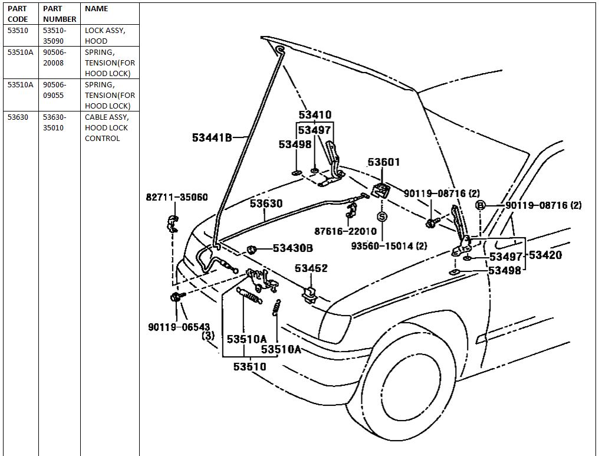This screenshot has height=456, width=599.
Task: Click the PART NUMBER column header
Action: (59, 14)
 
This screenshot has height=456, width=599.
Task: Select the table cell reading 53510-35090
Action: (54, 35)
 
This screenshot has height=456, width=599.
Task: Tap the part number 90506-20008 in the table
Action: (54, 57)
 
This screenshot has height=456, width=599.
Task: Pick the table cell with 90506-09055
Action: (54, 90)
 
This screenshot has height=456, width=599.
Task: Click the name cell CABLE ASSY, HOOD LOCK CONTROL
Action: (107, 127)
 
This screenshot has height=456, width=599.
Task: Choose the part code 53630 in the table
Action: (18, 117)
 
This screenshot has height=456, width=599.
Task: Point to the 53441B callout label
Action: (212, 137)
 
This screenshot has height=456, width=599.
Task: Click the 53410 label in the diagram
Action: (315, 114)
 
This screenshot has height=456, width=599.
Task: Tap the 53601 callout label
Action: (384, 162)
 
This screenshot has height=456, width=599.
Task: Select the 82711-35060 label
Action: (177, 197)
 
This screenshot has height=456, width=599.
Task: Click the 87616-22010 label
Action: (345, 231)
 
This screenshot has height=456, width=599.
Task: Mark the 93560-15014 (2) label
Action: (389, 246)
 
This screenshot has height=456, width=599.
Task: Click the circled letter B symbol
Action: (480, 205)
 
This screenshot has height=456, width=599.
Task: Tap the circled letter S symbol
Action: (382, 216)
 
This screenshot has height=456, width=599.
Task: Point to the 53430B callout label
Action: (292, 248)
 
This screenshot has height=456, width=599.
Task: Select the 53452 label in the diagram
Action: (311, 268)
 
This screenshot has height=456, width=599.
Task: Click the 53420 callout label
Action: (545, 255)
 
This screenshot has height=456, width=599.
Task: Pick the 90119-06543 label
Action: (179, 327)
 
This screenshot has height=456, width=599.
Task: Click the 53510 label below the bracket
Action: (250, 366)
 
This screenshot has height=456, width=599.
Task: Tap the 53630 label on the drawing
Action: (266, 204)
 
